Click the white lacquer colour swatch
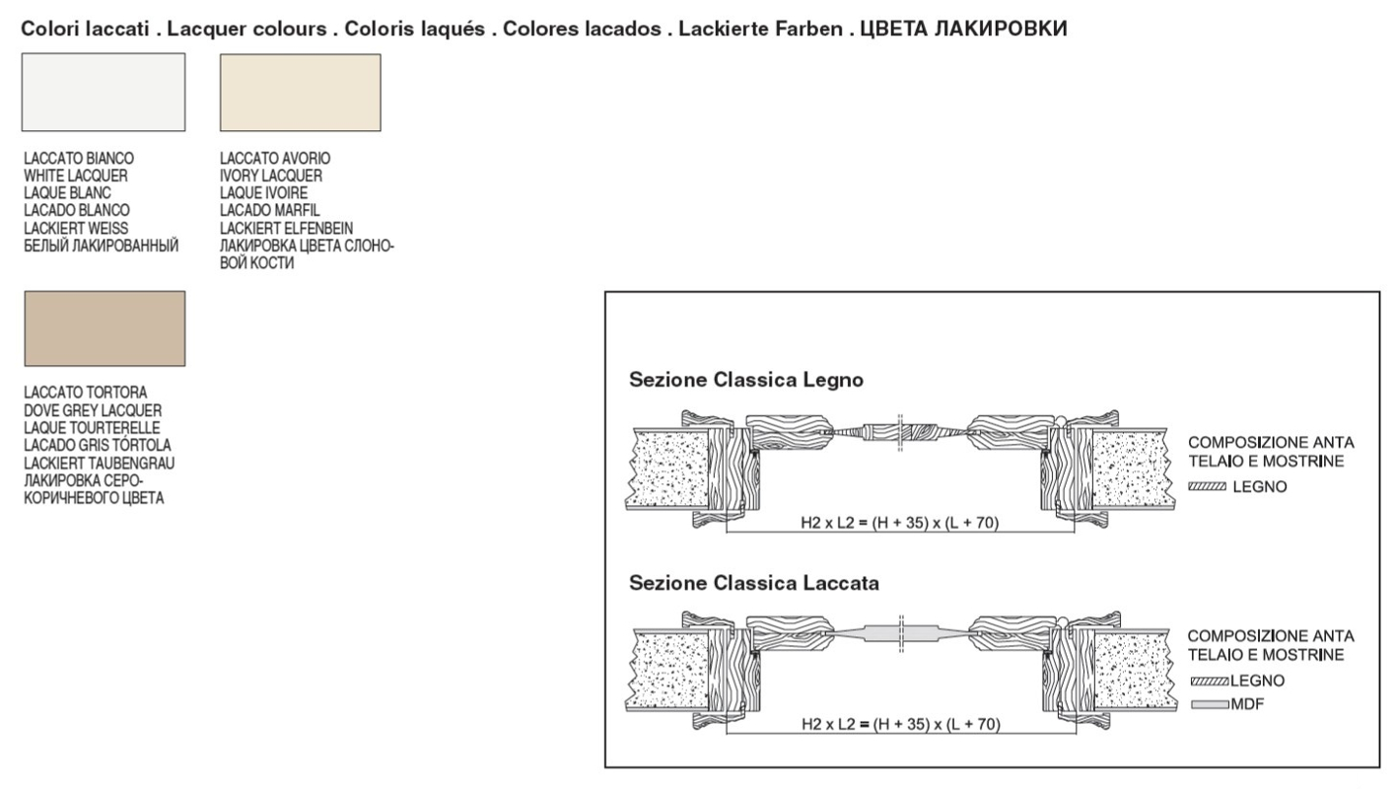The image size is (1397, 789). pyautogui.click(x=104, y=92)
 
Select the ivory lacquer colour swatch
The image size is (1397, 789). pyautogui.click(x=300, y=93)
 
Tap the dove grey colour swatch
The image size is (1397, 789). pyautogui.click(x=105, y=328)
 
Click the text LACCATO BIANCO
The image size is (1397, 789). pyautogui.click(x=79, y=158)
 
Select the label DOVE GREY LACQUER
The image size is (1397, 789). pyautogui.click(x=93, y=410)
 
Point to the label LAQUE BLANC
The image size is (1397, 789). pyautogui.click(x=67, y=193)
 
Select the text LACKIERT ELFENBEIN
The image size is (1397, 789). pyautogui.click(x=286, y=229)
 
